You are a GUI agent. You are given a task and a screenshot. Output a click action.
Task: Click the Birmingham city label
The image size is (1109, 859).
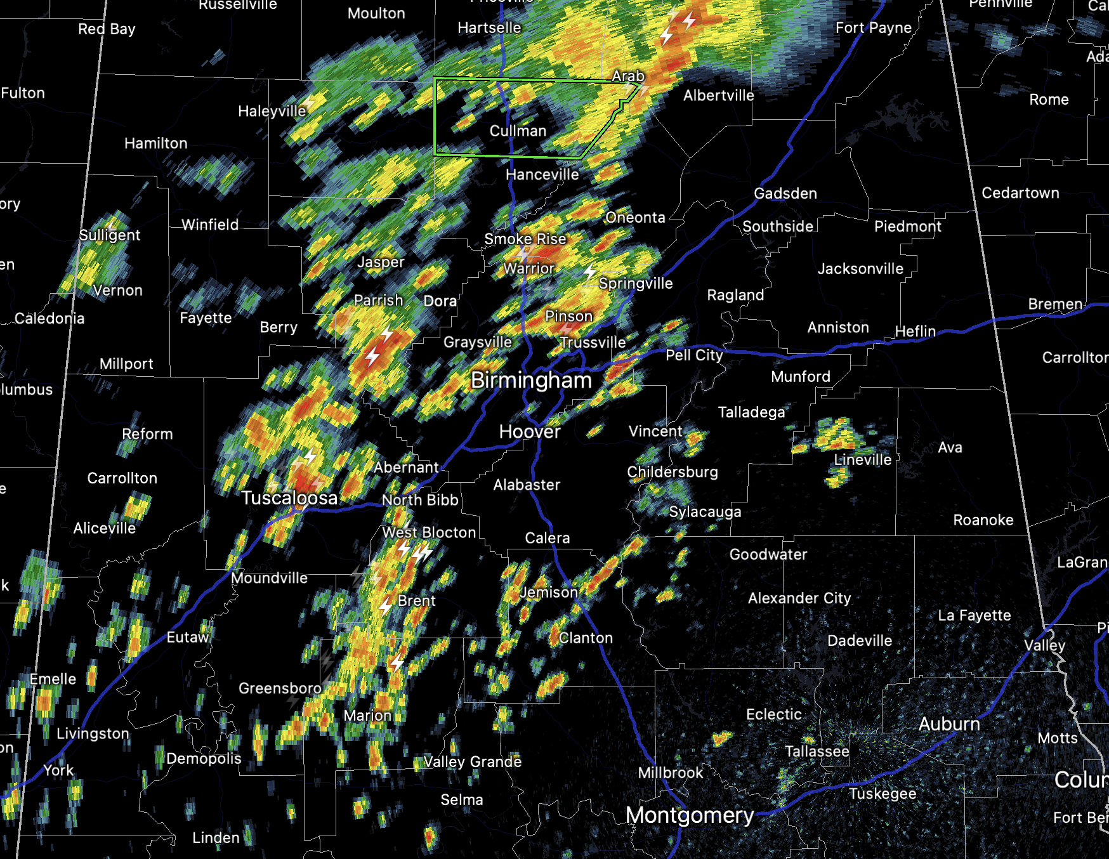pos(531,381)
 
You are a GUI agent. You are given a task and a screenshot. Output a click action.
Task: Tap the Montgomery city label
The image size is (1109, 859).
pos(690,815)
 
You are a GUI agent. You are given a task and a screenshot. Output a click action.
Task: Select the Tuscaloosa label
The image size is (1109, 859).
pos(289,498)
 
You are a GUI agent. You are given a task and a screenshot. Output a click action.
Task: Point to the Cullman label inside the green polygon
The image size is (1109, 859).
pos(518,131)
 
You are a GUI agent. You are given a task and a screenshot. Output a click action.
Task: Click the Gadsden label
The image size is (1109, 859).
pos(785,193)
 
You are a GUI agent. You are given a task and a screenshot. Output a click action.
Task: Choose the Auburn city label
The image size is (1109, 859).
pos(949,724)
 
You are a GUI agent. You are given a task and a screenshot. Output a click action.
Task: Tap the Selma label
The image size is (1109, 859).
pos(462,800)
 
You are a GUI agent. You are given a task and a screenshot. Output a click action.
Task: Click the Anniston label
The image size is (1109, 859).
pos(838,327)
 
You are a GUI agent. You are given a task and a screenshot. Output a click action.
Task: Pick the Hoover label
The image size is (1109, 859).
pos(530,432)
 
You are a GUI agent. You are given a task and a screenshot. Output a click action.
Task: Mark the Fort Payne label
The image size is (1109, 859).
pos(874,28)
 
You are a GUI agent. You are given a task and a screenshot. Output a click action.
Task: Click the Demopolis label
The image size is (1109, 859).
pos(204,759)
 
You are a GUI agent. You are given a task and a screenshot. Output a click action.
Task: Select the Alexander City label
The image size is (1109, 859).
pos(799,598)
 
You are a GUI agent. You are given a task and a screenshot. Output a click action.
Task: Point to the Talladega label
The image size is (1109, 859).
pos(751,412)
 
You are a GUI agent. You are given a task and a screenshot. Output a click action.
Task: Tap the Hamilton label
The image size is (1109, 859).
pos(156,143)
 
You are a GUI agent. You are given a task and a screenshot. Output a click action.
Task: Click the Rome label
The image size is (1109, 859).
pos(1049,100)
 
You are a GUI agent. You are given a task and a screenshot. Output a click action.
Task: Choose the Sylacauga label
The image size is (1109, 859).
pos(705,512)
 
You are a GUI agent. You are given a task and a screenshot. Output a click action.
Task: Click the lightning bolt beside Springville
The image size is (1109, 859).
pos(590,272)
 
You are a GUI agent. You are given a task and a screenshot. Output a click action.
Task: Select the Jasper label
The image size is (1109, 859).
pos(381,262)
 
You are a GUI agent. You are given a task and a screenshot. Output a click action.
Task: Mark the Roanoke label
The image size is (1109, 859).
pos(983,520)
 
